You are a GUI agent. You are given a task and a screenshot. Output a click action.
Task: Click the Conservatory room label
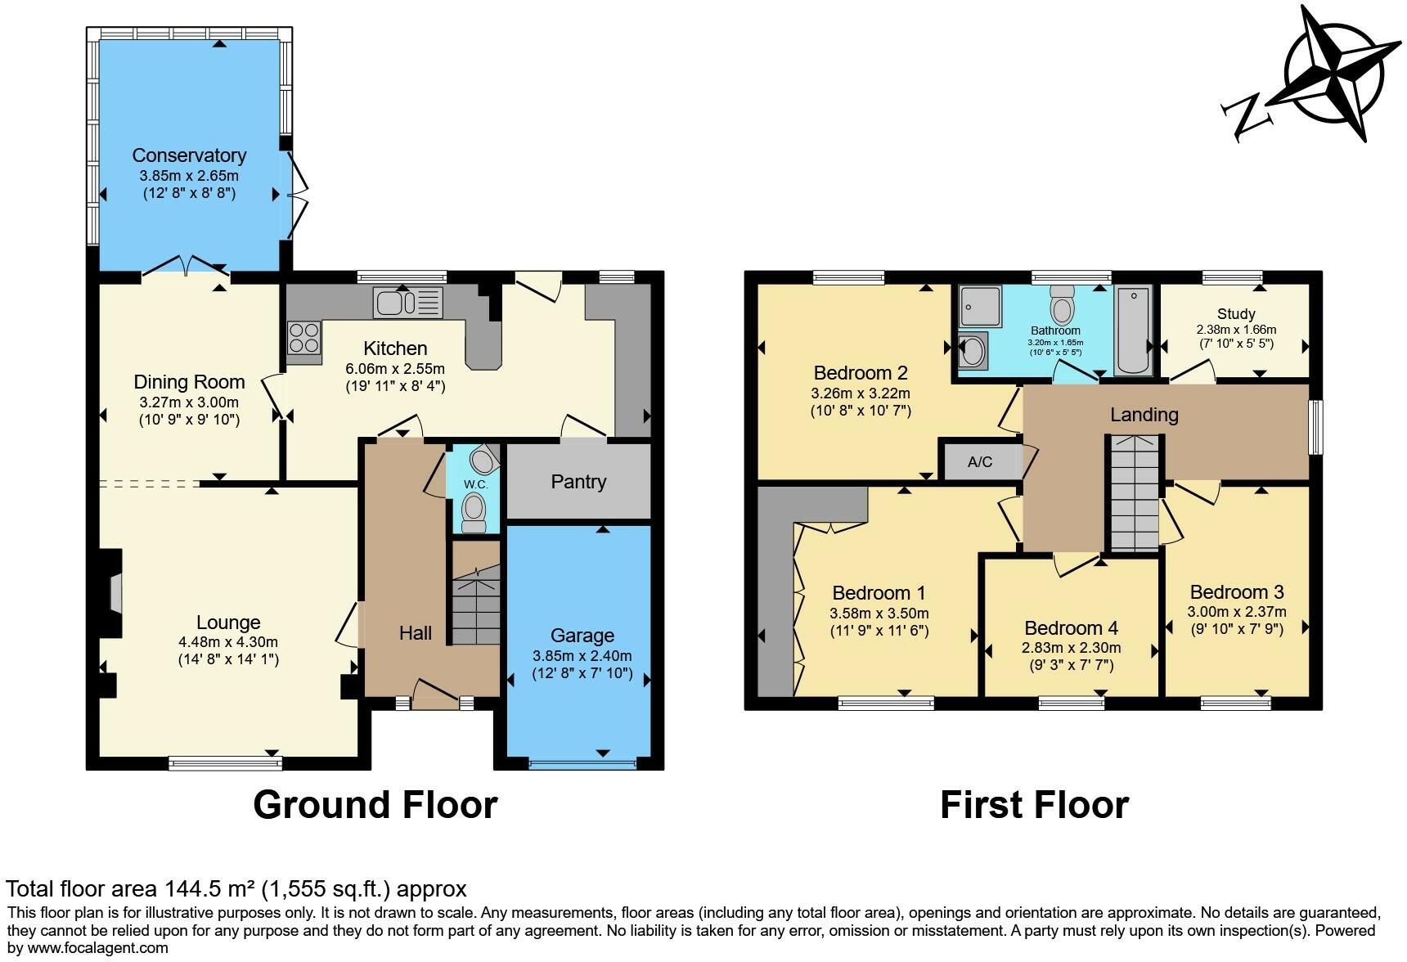click(189, 155)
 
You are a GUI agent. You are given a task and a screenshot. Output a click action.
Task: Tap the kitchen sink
click(407, 303)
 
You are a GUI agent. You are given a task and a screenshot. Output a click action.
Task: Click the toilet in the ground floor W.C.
click(474, 514)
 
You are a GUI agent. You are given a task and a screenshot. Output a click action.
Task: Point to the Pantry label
click(578, 482)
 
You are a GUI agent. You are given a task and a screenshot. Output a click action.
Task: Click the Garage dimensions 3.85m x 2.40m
click(582, 656)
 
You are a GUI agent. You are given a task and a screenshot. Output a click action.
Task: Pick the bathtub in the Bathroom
click(1132, 330)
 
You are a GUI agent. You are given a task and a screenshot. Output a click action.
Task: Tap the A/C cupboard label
click(980, 462)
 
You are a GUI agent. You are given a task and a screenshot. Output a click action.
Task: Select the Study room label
click(1235, 314)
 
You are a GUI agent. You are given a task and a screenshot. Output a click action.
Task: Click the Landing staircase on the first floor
click(1134, 495)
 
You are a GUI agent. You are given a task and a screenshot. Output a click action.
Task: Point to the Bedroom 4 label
click(1071, 628)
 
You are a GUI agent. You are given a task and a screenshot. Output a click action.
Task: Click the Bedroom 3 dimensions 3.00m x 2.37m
click(1236, 612)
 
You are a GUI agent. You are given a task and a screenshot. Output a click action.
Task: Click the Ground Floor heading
click(375, 805)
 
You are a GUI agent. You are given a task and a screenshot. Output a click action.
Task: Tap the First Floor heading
click(1034, 805)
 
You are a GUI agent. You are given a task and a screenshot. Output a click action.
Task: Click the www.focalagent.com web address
click(88, 949)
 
